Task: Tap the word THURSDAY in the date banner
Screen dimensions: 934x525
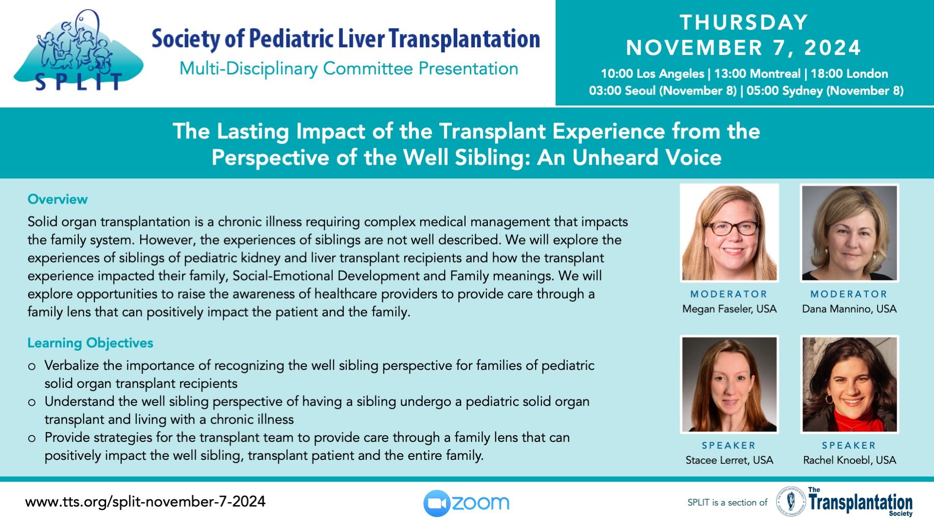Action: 744,22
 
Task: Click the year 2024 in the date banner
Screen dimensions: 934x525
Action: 832,48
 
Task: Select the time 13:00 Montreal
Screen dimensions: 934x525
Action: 757,74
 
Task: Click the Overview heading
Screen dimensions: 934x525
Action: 57,199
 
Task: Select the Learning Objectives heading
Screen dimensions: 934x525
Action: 90,343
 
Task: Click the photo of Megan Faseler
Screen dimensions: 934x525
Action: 729,233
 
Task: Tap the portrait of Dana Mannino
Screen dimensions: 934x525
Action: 849,233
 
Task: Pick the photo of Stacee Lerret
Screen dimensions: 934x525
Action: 729,385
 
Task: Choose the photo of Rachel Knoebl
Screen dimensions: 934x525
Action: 849,385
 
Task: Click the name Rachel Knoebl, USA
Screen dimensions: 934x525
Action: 849,460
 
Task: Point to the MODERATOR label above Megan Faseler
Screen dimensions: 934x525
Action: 729,294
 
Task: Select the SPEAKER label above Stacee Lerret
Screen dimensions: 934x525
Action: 729,445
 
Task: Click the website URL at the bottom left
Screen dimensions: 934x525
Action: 145,502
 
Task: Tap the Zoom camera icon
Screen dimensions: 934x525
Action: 436,503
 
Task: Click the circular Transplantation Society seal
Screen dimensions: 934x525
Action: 791,502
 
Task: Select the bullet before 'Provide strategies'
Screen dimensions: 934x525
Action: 32,438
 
